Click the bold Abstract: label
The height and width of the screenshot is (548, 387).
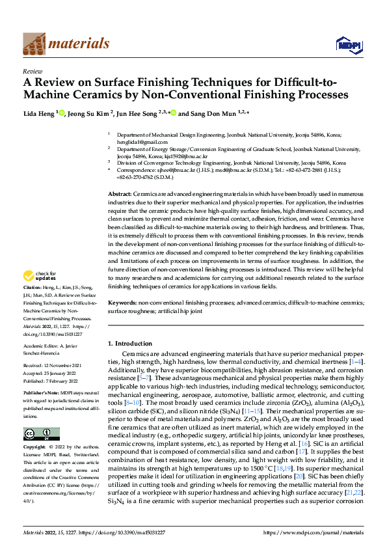(119, 195)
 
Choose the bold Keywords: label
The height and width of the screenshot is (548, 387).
(122, 303)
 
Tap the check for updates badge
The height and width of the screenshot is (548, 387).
(39, 294)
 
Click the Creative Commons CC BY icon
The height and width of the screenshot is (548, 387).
(41, 434)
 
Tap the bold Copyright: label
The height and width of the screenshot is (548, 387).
(35, 448)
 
